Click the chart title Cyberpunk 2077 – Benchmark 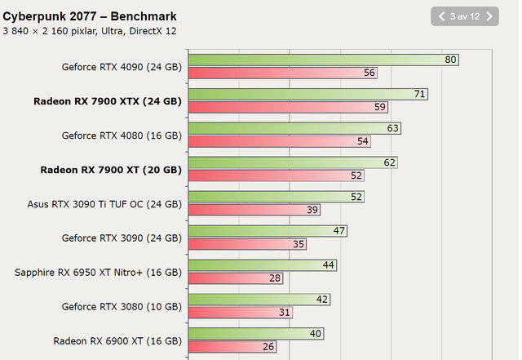pyautogui.click(x=90, y=16)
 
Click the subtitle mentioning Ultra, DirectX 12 pyautogui.click(x=90, y=31)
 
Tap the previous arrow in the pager pyautogui.click(x=442, y=16)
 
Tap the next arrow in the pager pyautogui.click(x=488, y=16)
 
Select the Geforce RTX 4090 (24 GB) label pyautogui.click(x=122, y=67)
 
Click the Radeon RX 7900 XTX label pyautogui.click(x=107, y=101)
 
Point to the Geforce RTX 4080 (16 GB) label pyautogui.click(x=122, y=136)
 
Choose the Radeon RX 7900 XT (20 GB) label pyautogui.click(x=110, y=170)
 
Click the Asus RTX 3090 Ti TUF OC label pyautogui.click(x=104, y=204)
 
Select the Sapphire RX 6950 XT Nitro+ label pyautogui.click(x=98, y=272)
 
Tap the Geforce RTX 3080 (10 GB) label pyautogui.click(x=122, y=306)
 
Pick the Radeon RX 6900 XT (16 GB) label pyautogui.click(x=117, y=340)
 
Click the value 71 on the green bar pyautogui.click(x=420, y=94)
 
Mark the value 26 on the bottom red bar pyautogui.click(x=268, y=347)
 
